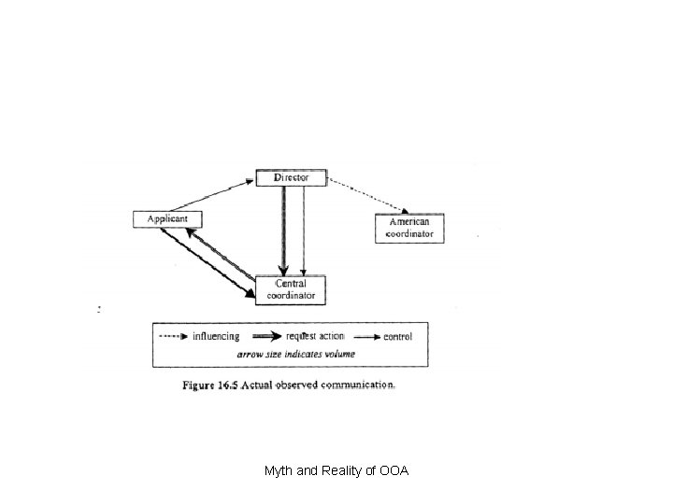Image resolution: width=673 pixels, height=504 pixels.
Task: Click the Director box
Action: click(x=291, y=177)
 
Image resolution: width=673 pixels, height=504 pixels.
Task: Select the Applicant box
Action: click(x=167, y=218)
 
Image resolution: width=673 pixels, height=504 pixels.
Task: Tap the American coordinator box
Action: click(x=409, y=228)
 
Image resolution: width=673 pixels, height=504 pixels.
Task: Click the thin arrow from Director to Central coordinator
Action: click(x=303, y=229)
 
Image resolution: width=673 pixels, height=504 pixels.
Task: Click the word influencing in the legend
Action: click(x=216, y=336)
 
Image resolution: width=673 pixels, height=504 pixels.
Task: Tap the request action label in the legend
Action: click(x=315, y=336)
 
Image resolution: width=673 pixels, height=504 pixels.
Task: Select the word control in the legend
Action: click(x=398, y=336)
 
